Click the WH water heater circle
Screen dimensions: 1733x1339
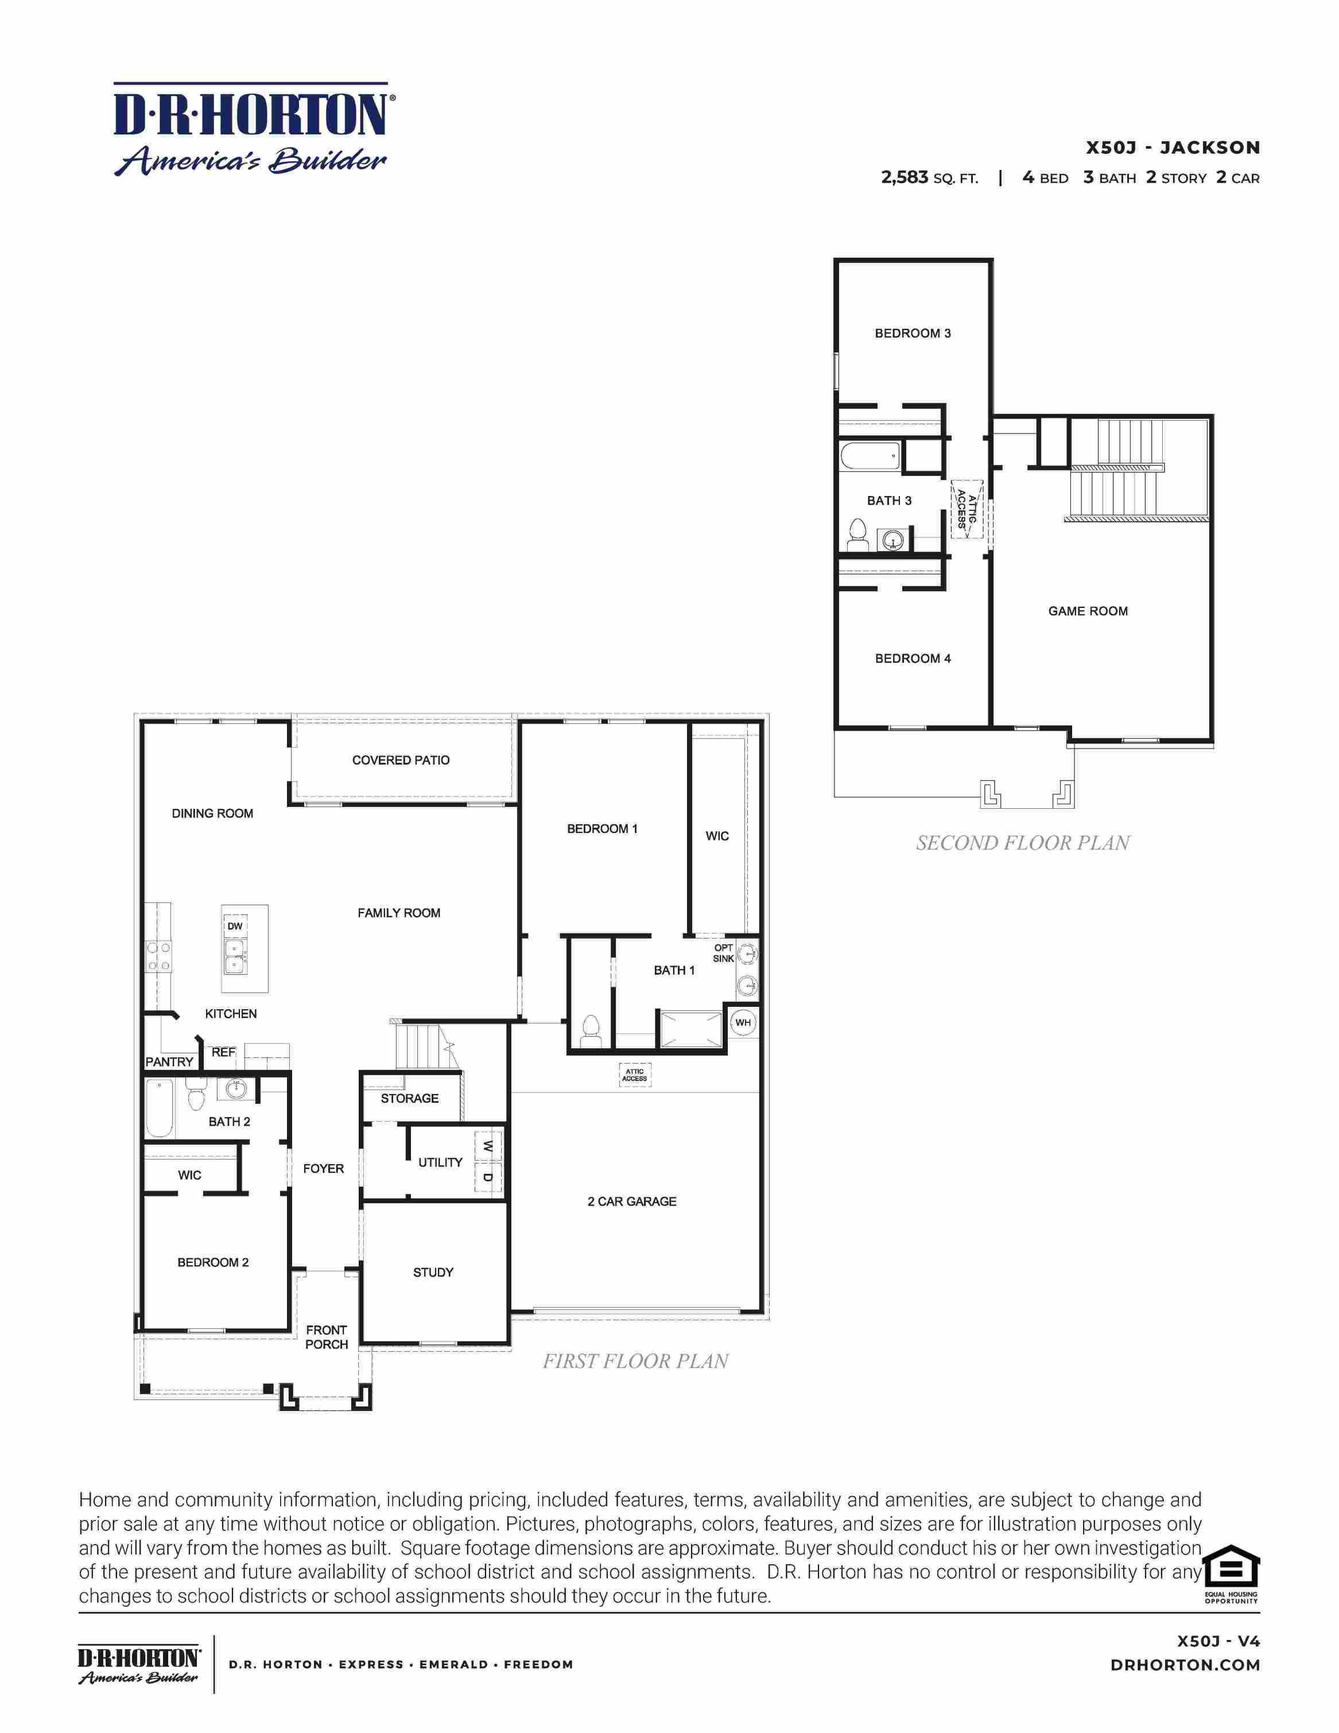[x=743, y=1023]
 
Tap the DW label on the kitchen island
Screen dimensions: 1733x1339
[x=235, y=926]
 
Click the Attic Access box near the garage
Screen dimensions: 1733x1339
[x=635, y=1075]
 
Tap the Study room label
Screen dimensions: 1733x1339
[x=433, y=1272]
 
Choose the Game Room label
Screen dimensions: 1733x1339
[x=1088, y=611]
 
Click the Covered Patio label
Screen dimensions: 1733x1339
[x=401, y=760]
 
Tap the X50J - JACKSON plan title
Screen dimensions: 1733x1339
[x=1173, y=148]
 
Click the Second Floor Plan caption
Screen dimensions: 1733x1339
[x=1023, y=843]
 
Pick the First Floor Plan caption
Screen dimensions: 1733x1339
[x=635, y=1361]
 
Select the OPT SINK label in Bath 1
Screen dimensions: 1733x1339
[x=723, y=953]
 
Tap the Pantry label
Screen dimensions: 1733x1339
[x=169, y=1062]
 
